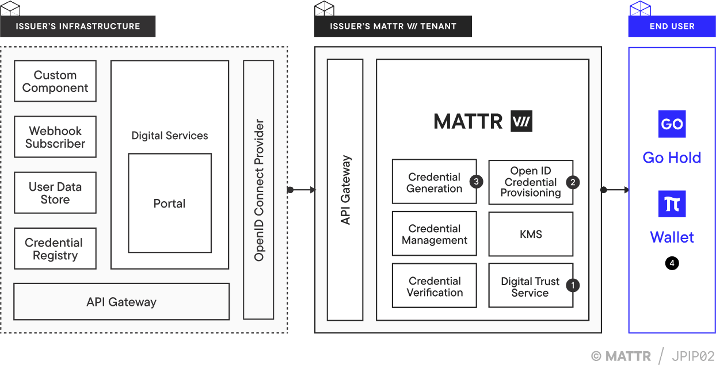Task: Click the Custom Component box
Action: [x=55, y=81]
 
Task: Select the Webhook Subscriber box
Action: [x=55, y=137]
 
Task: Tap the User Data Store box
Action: [x=55, y=193]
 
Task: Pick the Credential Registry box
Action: [x=55, y=249]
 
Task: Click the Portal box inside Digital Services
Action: [x=169, y=203]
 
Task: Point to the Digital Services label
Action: [x=169, y=136]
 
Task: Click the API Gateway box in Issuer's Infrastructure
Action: [x=121, y=302]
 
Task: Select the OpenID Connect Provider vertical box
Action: [x=258, y=190]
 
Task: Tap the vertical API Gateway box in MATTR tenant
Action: [x=345, y=190]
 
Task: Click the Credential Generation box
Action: [x=434, y=182]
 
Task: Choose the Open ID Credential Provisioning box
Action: [x=530, y=182]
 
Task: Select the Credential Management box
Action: [x=434, y=234]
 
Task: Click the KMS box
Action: [x=530, y=234]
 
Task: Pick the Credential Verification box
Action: [x=434, y=286]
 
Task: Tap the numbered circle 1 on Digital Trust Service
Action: [x=573, y=285]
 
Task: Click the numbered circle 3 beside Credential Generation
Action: [x=476, y=182]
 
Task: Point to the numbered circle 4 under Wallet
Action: [x=672, y=263]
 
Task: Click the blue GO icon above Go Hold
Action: [x=672, y=124]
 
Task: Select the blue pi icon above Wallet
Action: [x=672, y=204]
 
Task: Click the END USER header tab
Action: [x=672, y=26]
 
